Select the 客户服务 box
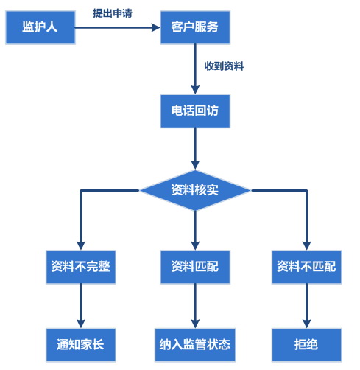point(194,27)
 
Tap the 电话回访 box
point(194,112)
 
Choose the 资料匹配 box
point(194,266)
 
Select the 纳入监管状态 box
point(194,343)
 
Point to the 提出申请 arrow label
point(113,13)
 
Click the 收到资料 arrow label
point(224,66)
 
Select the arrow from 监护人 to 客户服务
point(118,28)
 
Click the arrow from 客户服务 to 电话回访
point(194,69)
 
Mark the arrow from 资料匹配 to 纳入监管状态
point(194,305)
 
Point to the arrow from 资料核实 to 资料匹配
point(194,228)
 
